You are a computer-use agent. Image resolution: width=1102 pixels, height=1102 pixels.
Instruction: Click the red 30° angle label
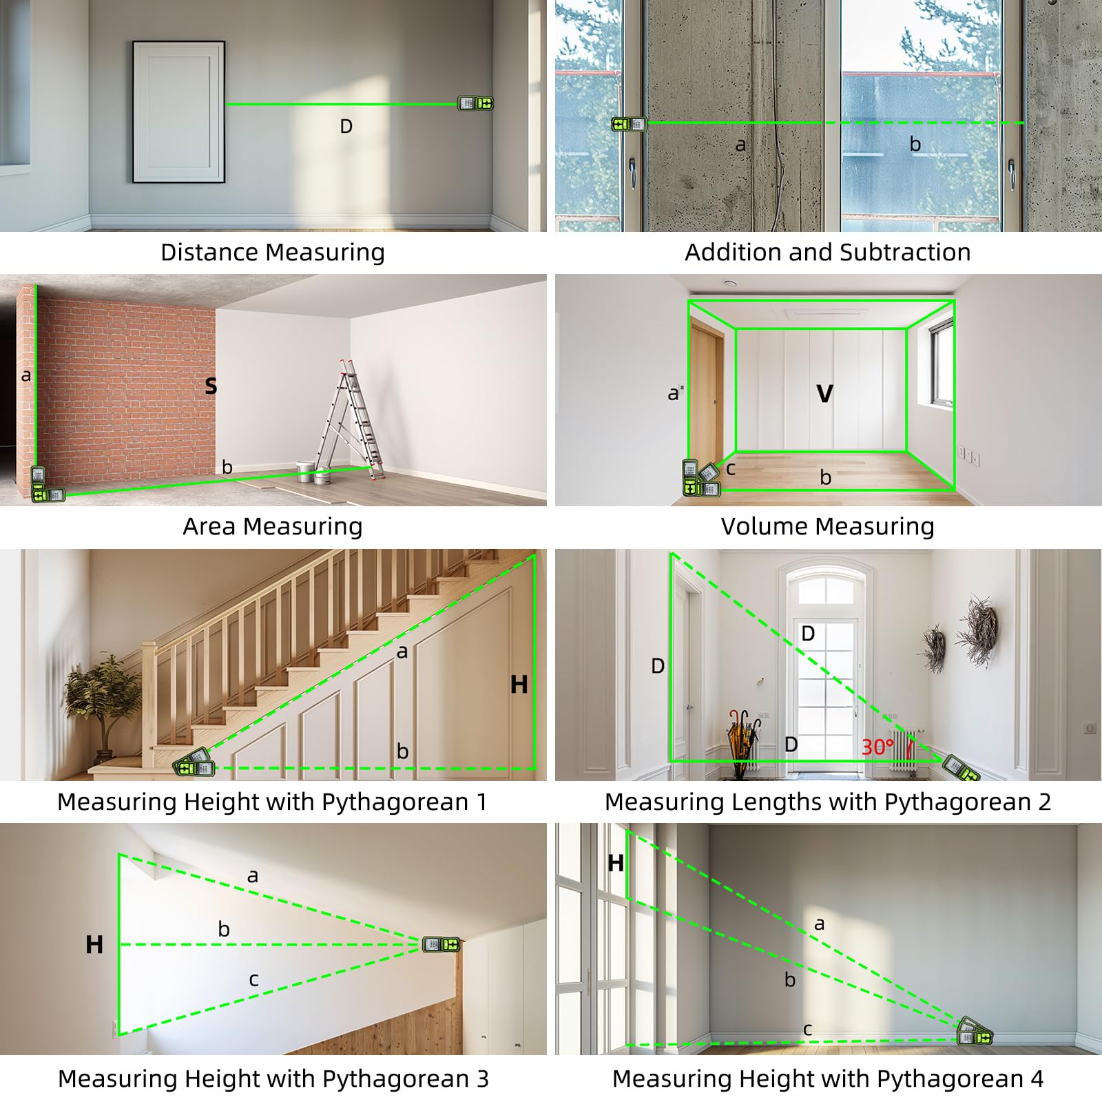point(877,747)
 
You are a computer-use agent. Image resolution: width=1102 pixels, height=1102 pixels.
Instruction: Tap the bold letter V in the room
point(824,394)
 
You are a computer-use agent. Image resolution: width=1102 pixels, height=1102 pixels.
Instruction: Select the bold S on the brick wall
point(211,386)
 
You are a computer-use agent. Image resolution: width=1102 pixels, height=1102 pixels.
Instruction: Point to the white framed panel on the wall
point(179,112)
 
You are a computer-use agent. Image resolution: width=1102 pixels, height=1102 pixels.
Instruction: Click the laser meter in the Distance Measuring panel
point(476,103)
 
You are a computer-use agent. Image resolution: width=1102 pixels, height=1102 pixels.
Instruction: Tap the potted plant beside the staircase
point(102,706)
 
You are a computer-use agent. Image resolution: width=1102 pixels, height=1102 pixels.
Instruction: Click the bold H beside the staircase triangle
point(519,685)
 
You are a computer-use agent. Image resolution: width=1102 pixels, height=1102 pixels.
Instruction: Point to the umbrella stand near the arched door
point(744,744)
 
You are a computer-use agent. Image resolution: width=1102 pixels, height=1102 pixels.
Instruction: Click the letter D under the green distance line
point(346,127)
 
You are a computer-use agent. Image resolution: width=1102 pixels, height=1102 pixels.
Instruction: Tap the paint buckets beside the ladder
point(314,472)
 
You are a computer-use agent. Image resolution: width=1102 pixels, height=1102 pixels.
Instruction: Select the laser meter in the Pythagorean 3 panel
point(441,944)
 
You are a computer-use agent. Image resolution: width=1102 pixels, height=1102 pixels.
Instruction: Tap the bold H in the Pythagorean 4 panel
point(616,863)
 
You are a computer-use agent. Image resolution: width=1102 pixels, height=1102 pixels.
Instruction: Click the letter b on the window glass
point(915,144)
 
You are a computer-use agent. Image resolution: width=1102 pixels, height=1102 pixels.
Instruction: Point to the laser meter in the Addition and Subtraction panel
point(629,124)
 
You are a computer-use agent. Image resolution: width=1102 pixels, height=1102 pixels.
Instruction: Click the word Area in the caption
point(210,526)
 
